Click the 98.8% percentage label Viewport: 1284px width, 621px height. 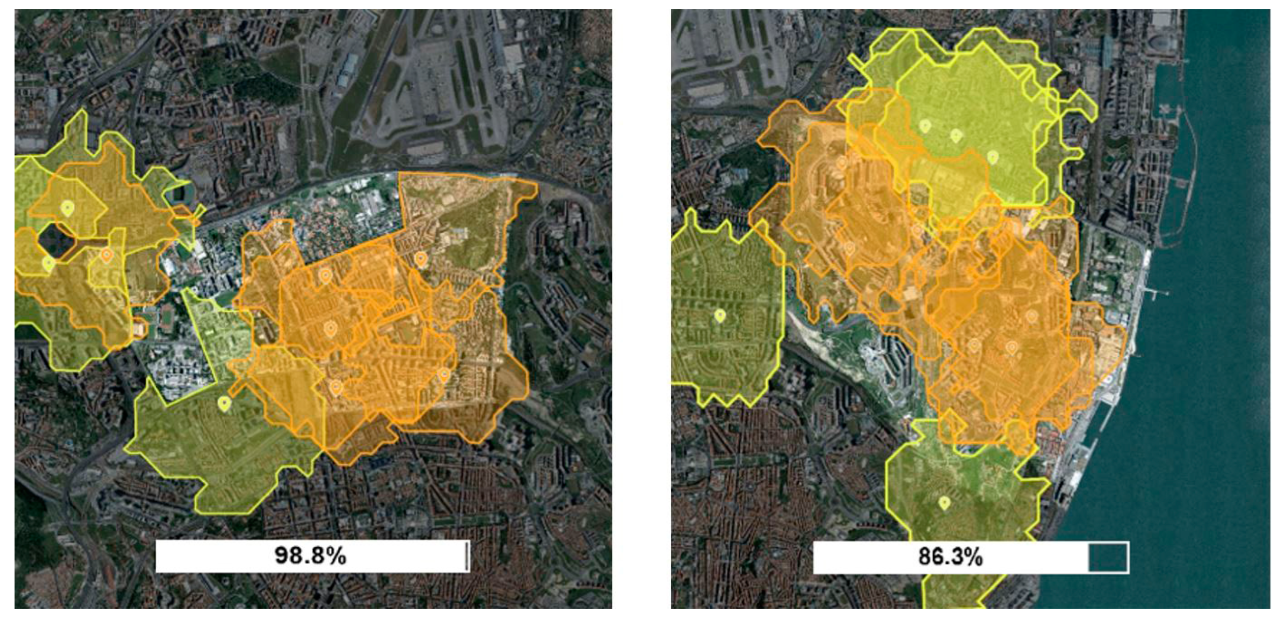tap(310, 555)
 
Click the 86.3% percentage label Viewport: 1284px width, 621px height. tap(950, 556)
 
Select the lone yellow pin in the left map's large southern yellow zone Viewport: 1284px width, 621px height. tap(224, 403)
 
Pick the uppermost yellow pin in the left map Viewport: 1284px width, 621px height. tap(68, 208)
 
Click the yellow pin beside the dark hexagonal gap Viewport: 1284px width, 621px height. tap(49, 264)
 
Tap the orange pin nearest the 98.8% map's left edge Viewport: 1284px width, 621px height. tap(106, 254)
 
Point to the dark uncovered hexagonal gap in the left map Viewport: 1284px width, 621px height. tap(55, 241)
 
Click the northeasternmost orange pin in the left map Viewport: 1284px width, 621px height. tap(421, 259)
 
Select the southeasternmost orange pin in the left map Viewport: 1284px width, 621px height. tap(444, 375)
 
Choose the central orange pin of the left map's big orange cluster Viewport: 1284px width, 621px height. tap(331, 328)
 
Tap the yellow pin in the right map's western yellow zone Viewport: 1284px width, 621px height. tap(720, 315)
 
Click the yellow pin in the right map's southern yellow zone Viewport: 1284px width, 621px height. tap(945, 503)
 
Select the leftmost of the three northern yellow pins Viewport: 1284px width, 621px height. tap(925, 125)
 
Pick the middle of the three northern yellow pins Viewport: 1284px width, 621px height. tap(956, 135)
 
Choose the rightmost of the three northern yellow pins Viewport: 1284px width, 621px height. tap(993, 157)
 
